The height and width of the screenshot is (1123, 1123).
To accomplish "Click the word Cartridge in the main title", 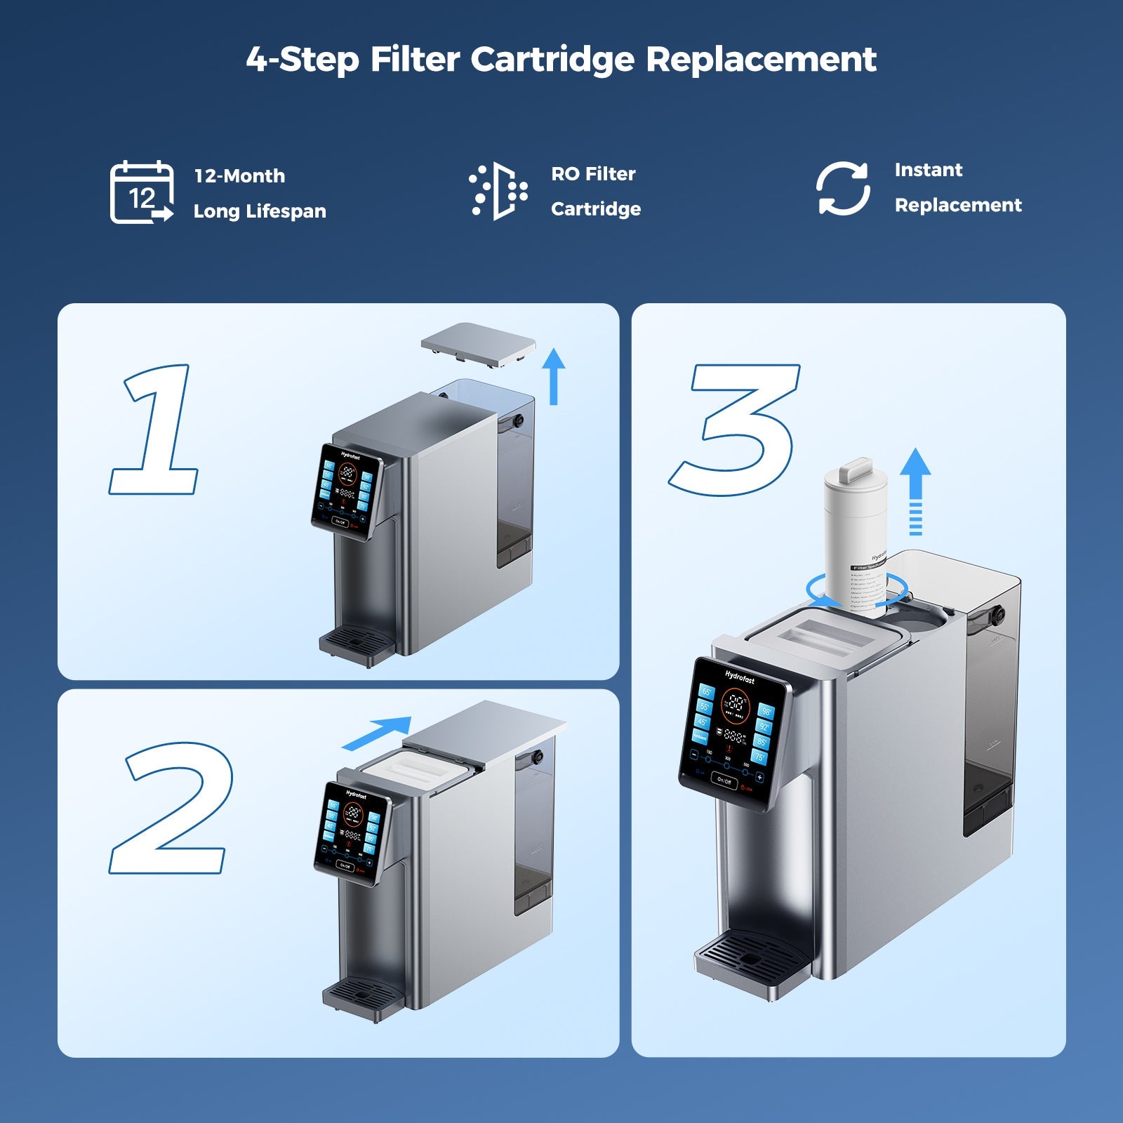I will point(552,60).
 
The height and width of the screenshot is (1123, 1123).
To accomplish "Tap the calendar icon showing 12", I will point(142,192).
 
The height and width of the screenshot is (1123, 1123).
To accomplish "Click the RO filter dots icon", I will point(498,191).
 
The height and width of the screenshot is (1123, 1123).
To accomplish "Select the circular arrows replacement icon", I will point(843,188).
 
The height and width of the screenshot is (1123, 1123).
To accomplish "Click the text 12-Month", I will point(239,175).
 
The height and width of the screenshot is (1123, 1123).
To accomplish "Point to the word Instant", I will point(928,170).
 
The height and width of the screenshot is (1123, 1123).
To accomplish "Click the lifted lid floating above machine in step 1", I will point(478,343).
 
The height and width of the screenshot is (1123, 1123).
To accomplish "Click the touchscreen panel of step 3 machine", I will point(733,732).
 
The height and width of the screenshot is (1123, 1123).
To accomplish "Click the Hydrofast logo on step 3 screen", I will point(739,677).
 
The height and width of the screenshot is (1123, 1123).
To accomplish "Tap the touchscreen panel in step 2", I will point(351,832).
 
